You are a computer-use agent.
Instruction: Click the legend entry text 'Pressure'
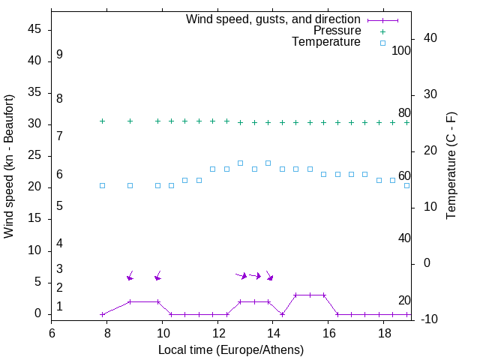click(x=337, y=31)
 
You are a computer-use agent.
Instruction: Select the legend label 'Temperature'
click(x=326, y=42)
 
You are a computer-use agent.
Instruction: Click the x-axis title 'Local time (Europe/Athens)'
click(x=231, y=349)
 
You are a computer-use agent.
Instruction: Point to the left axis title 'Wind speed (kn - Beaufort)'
click(x=9, y=166)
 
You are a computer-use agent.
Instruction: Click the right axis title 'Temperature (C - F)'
click(x=451, y=166)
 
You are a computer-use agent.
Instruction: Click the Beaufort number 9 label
click(x=59, y=55)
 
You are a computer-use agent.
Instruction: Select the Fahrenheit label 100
click(x=401, y=50)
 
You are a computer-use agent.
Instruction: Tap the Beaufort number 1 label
click(x=59, y=307)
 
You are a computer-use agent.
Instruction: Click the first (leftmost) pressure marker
click(x=103, y=121)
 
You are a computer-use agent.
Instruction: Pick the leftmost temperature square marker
click(x=103, y=185)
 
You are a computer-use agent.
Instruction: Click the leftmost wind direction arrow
click(x=130, y=275)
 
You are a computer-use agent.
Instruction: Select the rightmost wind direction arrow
click(x=269, y=275)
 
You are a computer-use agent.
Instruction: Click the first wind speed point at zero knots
click(x=103, y=313)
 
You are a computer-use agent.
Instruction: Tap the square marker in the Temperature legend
click(x=382, y=43)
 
